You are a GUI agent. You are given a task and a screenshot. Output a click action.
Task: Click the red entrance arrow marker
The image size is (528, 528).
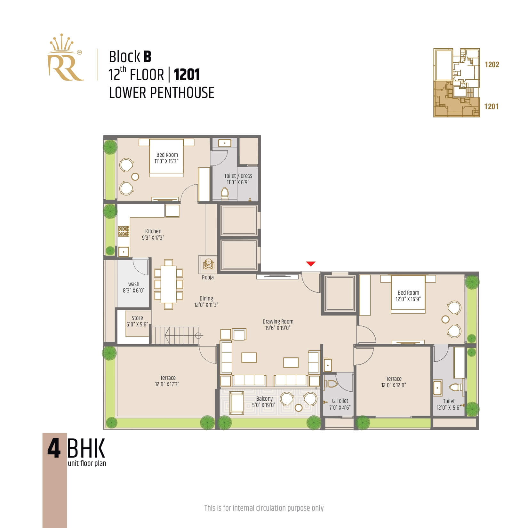pyautogui.click(x=311, y=264)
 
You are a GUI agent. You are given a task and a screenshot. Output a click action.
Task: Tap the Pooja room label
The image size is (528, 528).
pyautogui.click(x=208, y=277)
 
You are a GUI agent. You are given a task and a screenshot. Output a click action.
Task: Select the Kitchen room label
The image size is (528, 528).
pyautogui.click(x=153, y=231)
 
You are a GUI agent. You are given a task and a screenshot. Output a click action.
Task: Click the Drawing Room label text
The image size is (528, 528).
pyautogui.click(x=278, y=322)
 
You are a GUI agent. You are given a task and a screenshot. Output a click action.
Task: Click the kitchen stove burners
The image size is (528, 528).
pyautogui.click(x=124, y=231)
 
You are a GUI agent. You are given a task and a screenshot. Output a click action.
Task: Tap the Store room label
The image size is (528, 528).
pyautogui.click(x=137, y=318)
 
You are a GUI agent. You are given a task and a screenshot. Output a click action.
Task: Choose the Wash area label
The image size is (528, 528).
pyautogui.click(x=134, y=284)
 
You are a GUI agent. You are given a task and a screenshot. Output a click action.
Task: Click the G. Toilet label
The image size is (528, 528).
pyautogui.click(x=340, y=401)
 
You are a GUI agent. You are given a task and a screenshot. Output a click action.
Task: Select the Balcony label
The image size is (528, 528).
pyautogui.click(x=264, y=399)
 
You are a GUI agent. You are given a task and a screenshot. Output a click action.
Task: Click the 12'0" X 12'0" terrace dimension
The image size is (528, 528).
pyautogui.click(x=394, y=385)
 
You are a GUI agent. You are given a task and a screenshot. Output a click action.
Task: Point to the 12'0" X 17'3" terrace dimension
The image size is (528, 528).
pyautogui.click(x=167, y=384)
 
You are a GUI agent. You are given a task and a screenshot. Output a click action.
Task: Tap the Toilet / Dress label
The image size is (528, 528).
pyautogui.click(x=238, y=176)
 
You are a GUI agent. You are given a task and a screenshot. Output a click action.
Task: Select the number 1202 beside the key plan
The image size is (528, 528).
pyautogui.click(x=492, y=65)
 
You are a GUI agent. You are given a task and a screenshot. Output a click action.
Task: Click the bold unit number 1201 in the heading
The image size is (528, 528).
pyautogui.click(x=187, y=75)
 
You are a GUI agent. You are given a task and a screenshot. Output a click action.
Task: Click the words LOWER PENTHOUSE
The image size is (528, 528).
pyautogui.click(x=162, y=93)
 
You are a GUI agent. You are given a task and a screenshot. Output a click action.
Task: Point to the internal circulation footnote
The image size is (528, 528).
pyautogui.click(x=264, y=508)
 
